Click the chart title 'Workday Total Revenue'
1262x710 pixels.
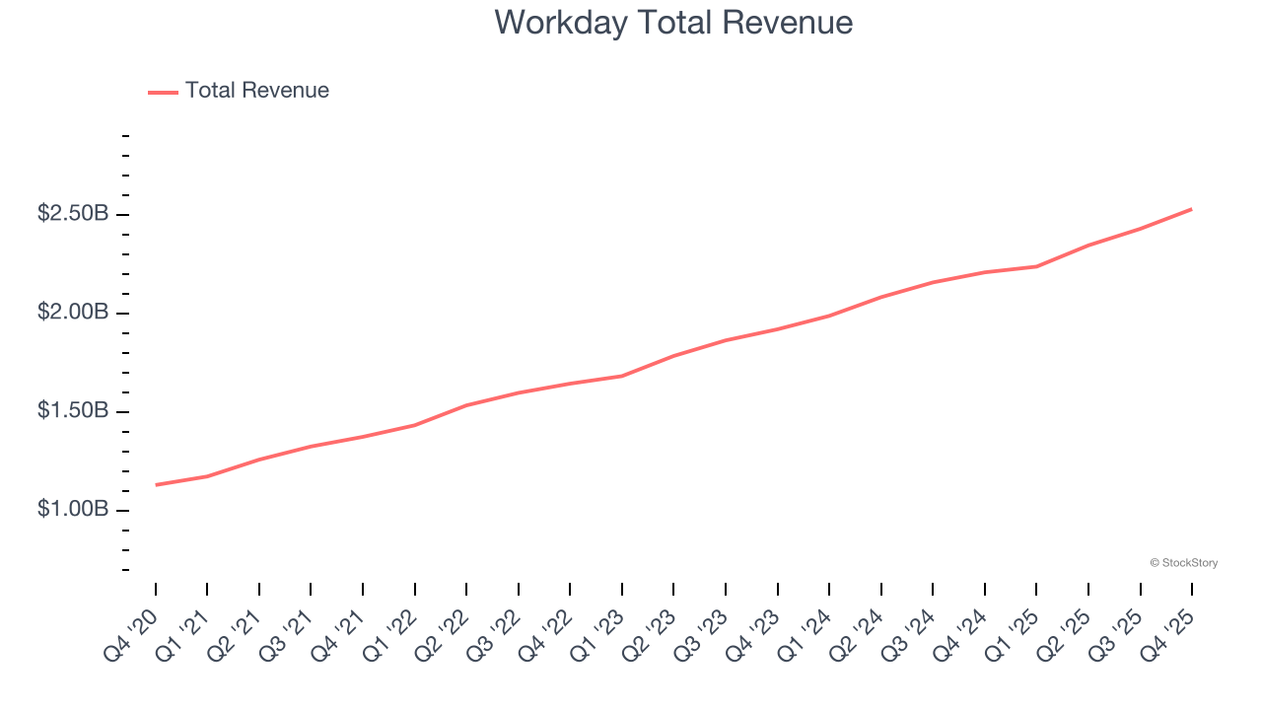(x=673, y=22)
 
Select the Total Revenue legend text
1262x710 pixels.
(x=256, y=91)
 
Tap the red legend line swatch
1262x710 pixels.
(x=163, y=92)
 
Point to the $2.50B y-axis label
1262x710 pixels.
(x=73, y=214)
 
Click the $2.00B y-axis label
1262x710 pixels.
(x=73, y=313)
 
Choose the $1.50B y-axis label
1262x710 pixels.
(x=73, y=411)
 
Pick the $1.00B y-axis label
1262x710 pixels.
(x=73, y=510)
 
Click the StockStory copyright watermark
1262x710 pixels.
(x=1183, y=563)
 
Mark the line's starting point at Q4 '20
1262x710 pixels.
(x=156, y=485)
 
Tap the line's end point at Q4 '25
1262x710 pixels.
(x=1192, y=209)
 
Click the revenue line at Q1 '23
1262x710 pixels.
(x=622, y=376)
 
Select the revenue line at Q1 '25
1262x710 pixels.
(x=1036, y=266)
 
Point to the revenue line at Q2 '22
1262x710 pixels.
(x=466, y=405)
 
